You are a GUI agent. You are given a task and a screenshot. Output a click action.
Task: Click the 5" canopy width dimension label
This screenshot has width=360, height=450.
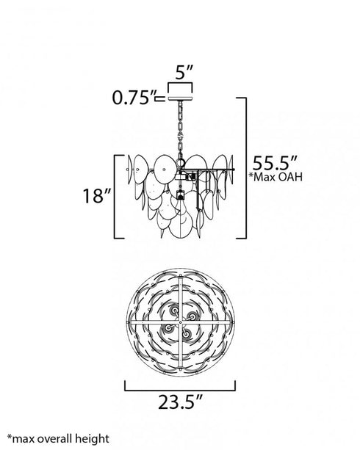click(184, 72)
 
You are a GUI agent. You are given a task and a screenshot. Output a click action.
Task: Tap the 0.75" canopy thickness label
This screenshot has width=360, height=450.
click(134, 98)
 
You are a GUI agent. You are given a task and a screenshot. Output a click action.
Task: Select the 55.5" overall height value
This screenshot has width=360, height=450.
click(275, 163)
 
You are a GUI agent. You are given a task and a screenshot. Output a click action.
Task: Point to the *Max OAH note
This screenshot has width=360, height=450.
click(276, 177)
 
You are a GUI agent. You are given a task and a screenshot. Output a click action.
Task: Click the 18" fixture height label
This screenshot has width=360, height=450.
click(97, 196)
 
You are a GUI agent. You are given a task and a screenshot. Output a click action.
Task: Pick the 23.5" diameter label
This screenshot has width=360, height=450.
click(181, 402)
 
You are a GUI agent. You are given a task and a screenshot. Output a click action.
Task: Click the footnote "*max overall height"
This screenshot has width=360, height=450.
click(58, 438)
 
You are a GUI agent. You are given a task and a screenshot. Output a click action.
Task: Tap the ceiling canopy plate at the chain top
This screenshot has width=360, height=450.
click(180, 98)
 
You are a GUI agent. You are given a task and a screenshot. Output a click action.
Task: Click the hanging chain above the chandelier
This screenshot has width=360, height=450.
click(181, 130)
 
